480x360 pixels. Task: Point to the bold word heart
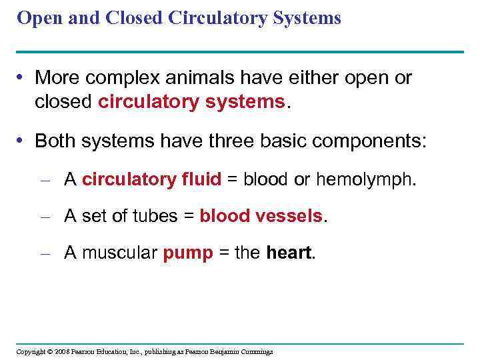(x=289, y=253)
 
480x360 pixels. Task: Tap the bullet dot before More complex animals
(x=23, y=79)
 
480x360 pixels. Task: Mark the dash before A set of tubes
(x=46, y=217)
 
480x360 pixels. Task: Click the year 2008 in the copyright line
(x=63, y=351)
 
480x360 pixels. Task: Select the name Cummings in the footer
(x=255, y=351)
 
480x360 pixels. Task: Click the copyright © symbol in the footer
(x=49, y=351)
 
